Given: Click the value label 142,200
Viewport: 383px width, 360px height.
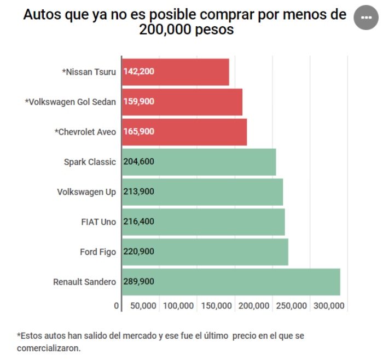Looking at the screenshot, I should (x=139, y=72).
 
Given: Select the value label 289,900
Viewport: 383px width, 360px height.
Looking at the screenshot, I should (x=139, y=282).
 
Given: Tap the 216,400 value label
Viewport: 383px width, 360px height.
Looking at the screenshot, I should (x=139, y=222).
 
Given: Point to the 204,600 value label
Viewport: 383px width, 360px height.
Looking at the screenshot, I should (x=139, y=162).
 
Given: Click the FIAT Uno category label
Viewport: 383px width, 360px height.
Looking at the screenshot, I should (x=98, y=222).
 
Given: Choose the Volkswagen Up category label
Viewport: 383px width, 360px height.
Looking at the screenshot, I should (x=86, y=192).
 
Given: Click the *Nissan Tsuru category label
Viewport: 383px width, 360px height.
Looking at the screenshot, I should (x=89, y=72).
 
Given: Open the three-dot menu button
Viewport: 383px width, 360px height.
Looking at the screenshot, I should (x=366, y=18).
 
